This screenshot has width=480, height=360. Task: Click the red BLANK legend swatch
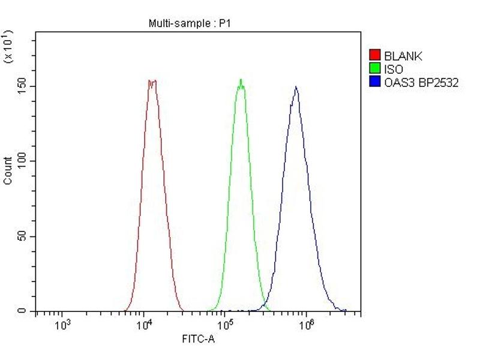375,56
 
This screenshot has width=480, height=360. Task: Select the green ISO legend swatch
375,70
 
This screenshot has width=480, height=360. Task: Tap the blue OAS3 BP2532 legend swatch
375,83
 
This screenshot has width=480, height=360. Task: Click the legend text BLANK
403,56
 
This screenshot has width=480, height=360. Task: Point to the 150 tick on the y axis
22,86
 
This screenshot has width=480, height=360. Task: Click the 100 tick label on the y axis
22,161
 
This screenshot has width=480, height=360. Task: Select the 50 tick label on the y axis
22,236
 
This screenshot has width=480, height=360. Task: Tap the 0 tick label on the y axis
22,311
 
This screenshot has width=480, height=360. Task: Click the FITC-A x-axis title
198,340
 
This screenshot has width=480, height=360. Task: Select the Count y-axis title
8,170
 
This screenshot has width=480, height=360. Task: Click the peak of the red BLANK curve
152,81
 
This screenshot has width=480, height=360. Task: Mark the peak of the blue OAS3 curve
295,87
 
